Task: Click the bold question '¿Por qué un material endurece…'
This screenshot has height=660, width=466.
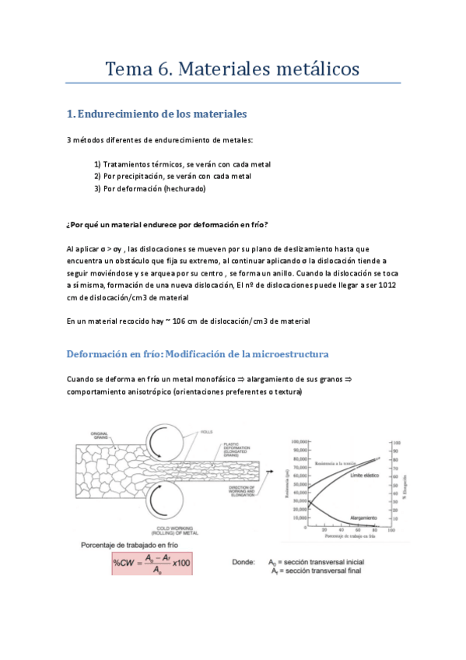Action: pyautogui.click(x=168, y=224)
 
